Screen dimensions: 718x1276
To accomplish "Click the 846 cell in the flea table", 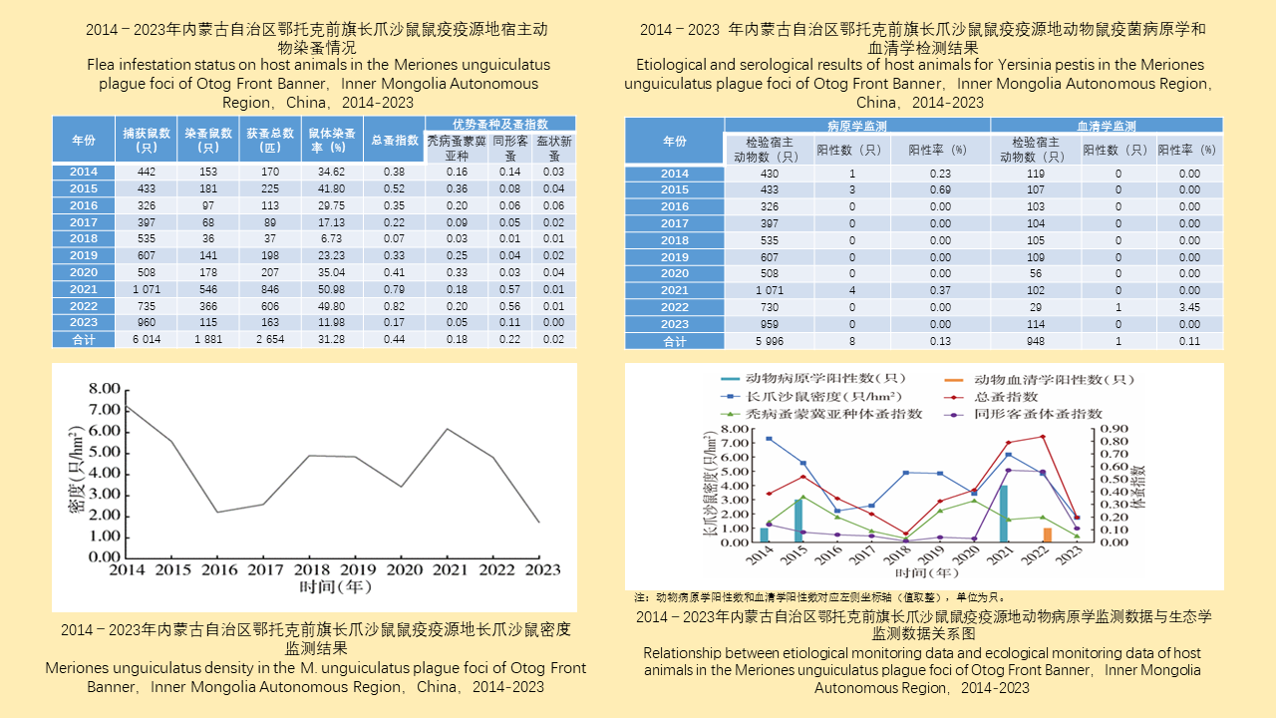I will pos(270,289).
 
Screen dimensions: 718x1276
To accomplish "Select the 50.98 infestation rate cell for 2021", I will pos(331,289).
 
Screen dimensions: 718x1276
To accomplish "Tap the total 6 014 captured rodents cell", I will pos(147,340).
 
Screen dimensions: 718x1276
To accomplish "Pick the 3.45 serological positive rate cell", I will pos(1189,307).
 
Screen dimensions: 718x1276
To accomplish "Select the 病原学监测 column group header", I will pos(857,126).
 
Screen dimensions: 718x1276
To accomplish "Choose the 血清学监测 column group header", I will pos(1106,126).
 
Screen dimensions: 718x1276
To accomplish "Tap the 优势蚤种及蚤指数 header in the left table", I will pos(500,124).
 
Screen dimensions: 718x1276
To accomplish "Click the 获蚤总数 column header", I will pos(270,140).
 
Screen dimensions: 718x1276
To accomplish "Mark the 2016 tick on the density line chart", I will pos(220,569).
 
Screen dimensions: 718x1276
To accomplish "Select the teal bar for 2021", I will pos(1004,514).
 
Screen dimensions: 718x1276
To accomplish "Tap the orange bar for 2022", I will pos(1047,535).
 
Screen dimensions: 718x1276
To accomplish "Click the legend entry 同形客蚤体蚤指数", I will pos(1038,414).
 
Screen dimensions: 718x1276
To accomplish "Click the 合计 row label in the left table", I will pos(84,340).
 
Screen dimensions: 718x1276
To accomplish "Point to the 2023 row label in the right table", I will pos(675,324).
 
